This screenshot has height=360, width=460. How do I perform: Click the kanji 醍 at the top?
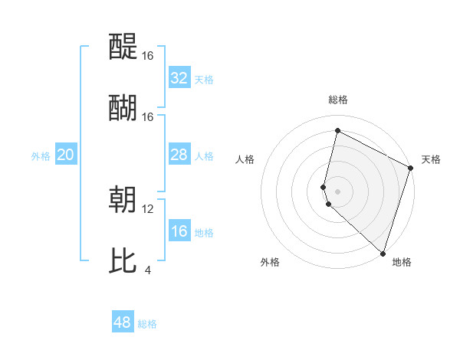click(x=123, y=47)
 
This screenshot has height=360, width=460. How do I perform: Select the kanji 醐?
click(x=123, y=108)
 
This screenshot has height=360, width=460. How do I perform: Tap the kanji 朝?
click(x=123, y=200)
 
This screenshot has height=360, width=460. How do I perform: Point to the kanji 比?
click(x=123, y=261)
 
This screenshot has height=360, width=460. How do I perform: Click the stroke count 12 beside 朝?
click(x=148, y=208)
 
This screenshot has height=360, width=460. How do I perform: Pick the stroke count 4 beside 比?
click(x=148, y=270)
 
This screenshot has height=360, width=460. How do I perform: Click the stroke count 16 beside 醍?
click(x=148, y=55)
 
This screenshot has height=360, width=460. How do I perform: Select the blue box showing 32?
click(x=179, y=78)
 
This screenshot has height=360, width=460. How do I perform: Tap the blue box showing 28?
click(x=179, y=155)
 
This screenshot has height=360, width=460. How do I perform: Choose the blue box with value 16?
click(x=179, y=231)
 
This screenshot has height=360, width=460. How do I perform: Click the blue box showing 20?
click(x=66, y=155)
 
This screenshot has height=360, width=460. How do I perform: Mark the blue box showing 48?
click(x=123, y=322)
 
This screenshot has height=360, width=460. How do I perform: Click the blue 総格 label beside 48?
click(x=147, y=324)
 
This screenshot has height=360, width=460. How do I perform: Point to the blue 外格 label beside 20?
click(x=41, y=156)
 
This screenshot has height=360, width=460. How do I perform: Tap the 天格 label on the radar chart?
click(x=431, y=159)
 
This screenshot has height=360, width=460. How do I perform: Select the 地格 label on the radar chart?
click(x=402, y=262)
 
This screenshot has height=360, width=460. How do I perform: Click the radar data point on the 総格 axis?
click(x=337, y=131)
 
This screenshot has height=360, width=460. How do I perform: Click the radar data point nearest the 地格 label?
click(x=383, y=253)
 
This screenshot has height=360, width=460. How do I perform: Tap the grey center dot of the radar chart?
click(x=337, y=191)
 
